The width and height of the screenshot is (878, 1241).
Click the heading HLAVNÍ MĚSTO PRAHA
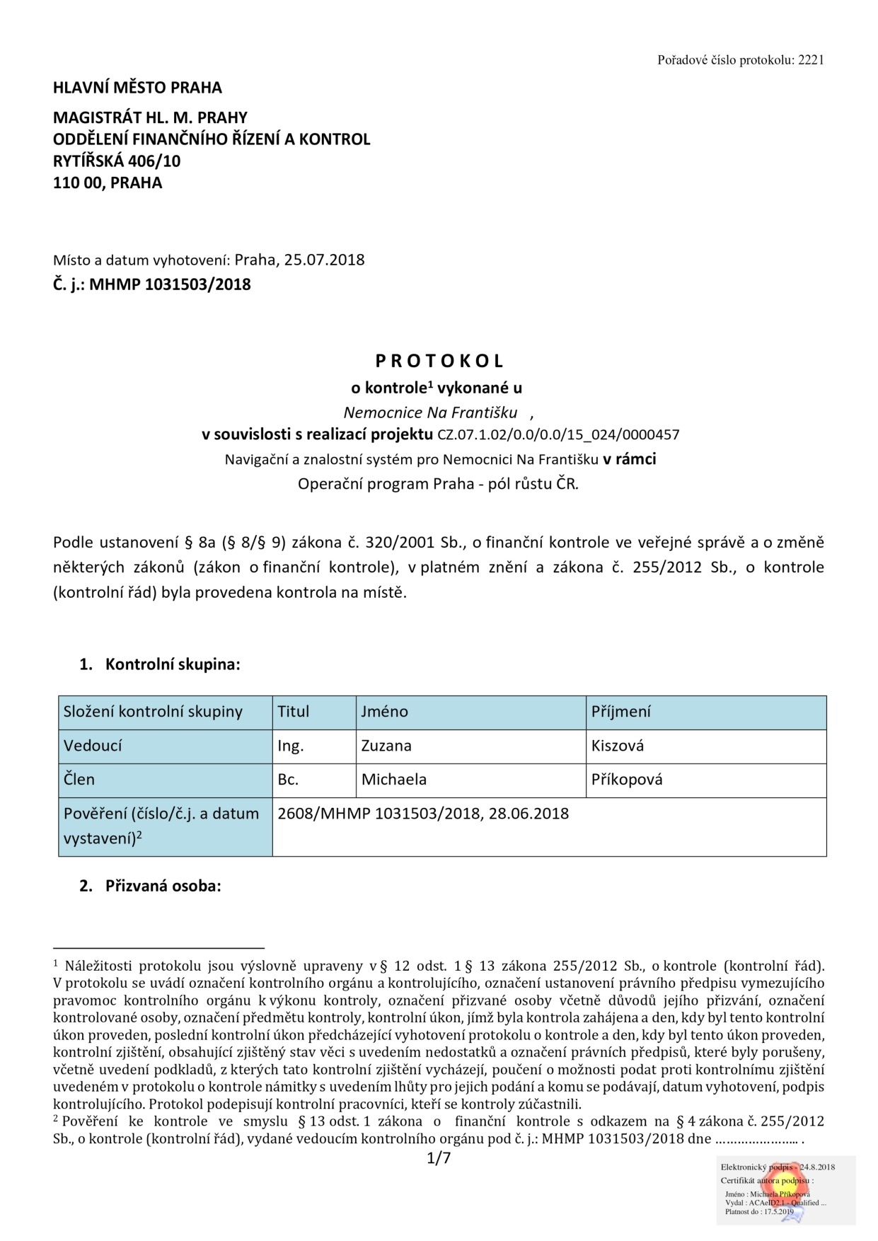click(137, 88)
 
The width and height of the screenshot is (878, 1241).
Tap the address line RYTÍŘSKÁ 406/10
click(117, 161)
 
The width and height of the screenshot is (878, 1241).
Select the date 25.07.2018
click(324, 260)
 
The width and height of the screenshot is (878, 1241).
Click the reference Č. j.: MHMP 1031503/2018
click(152, 284)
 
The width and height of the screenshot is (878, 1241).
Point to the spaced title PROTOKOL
click(439, 361)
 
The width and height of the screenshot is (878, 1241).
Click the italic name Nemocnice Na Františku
click(430, 412)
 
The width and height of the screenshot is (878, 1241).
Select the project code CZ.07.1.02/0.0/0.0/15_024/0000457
click(558, 435)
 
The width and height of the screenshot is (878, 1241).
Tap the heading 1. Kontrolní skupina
click(160, 664)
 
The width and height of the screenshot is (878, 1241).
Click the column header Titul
click(293, 712)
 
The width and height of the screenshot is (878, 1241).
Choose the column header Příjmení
click(620, 712)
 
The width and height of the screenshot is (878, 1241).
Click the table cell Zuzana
click(386, 746)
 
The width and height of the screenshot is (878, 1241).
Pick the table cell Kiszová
click(618, 746)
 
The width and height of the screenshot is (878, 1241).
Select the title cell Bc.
click(288, 780)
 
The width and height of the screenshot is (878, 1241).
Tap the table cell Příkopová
click(627, 780)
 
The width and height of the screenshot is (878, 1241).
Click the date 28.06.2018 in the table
click(528, 814)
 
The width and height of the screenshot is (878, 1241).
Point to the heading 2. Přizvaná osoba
click(150, 886)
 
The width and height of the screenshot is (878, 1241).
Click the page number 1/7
click(439, 1158)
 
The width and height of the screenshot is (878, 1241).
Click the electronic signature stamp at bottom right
click(785, 1189)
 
